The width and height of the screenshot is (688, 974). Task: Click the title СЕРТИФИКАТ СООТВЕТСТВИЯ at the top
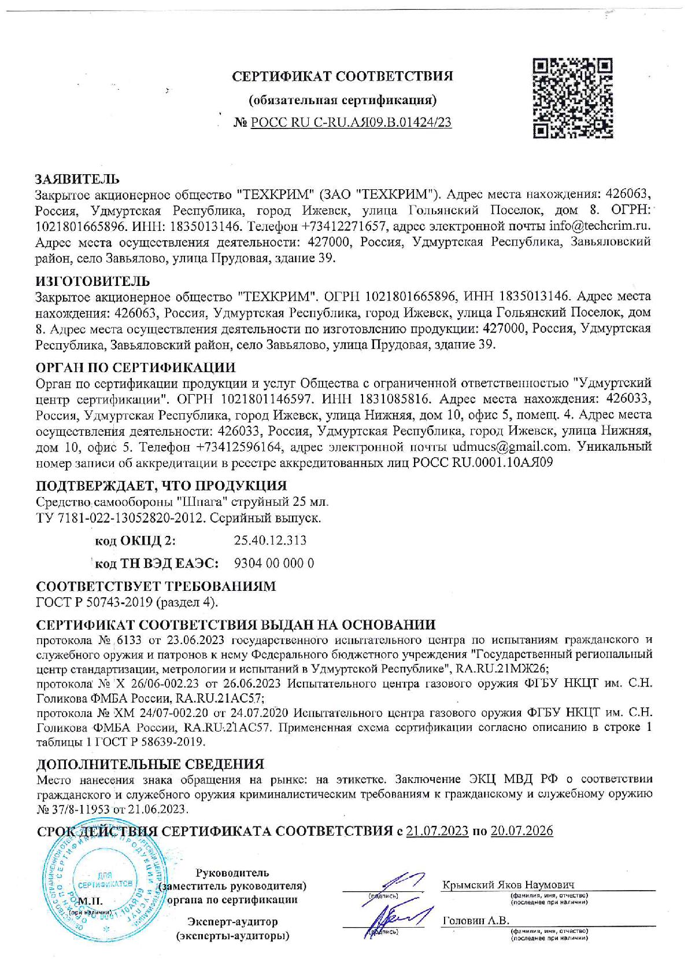tap(342, 76)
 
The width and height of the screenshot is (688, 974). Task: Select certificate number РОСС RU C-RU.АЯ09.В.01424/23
tap(351, 122)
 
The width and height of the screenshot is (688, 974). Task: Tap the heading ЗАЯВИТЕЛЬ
tap(77, 178)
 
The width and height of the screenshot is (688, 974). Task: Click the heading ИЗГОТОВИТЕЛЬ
tap(93, 281)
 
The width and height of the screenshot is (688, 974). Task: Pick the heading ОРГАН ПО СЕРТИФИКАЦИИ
tap(135, 367)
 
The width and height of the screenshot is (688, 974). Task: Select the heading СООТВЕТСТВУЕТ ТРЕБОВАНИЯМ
tap(156, 586)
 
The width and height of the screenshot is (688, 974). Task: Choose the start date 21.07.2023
tap(437, 831)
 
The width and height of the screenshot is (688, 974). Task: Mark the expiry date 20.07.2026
tap(521, 831)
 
